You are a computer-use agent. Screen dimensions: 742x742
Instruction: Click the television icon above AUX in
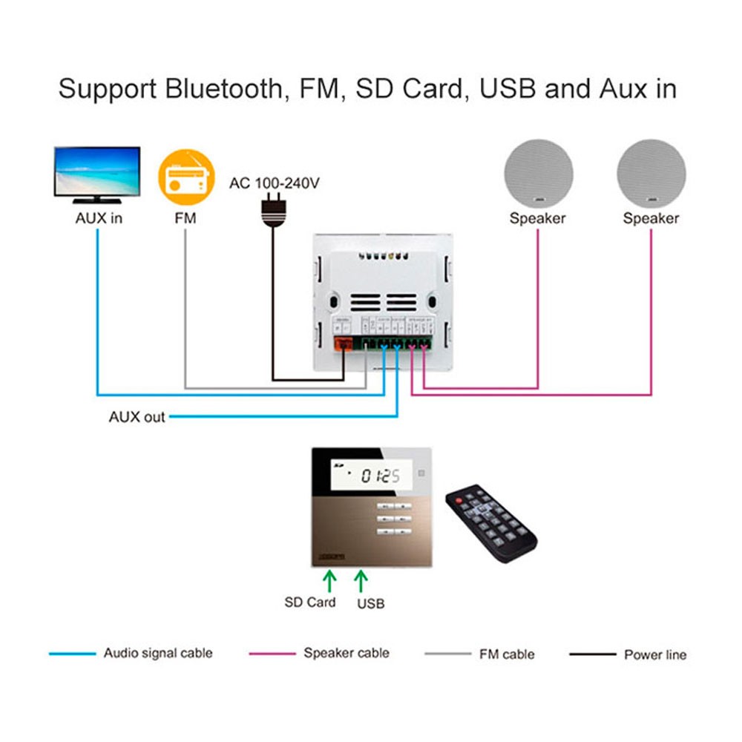[96, 174]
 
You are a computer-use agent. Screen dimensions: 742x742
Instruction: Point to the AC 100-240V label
[274, 183]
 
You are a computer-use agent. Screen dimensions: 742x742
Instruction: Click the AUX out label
[137, 417]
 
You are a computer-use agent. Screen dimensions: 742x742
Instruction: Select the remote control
[490, 523]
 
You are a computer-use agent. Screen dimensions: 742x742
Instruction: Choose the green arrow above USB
[361, 580]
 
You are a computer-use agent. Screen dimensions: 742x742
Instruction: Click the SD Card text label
[310, 602]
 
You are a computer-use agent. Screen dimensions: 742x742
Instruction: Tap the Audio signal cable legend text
[158, 653]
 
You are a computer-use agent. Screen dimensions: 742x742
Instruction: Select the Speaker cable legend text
[346, 653]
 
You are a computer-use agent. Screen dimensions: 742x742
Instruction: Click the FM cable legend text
[507, 654]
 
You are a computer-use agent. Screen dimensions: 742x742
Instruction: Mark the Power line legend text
[654, 654]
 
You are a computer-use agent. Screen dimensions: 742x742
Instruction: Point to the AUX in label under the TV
[99, 218]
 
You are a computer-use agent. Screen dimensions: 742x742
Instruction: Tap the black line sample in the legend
[592, 654]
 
